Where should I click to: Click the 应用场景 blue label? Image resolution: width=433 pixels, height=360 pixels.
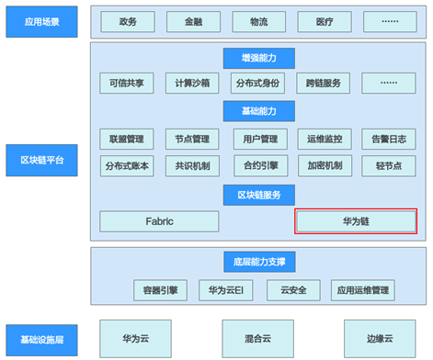point(41,22)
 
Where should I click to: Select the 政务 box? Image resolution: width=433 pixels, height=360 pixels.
point(128,22)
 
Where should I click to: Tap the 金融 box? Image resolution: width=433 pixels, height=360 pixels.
point(193,22)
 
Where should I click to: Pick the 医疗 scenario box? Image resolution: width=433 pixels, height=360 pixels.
point(325,22)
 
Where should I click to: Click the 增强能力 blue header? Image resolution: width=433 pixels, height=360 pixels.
point(259,58)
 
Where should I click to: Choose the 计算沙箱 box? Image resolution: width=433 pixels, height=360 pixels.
point(192,83)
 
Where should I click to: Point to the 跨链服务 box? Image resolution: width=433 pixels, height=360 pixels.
point(324,83)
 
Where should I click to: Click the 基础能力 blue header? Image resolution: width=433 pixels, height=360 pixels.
point(259,111)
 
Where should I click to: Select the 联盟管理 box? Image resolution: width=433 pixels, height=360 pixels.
point(127,139)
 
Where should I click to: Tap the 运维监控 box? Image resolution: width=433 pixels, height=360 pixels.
point(325,139)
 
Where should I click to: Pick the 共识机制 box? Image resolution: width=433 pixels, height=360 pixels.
point(192,166)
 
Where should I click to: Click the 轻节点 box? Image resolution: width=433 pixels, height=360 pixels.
point(389,166)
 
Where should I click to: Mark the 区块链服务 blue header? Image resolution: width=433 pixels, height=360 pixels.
point(259,195)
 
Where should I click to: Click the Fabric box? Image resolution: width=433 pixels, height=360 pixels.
point(159,221)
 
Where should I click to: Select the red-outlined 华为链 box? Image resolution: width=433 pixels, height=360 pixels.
point(356,221)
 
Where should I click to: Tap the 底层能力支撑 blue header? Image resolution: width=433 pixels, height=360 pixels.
point(259,262)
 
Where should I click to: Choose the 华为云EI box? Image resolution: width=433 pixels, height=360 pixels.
point(226,290)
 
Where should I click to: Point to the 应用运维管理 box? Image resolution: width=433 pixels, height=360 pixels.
point(363,290)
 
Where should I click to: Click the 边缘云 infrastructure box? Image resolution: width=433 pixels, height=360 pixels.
point(380,339)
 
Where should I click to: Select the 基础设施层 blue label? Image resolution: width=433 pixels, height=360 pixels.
point(41,340)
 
